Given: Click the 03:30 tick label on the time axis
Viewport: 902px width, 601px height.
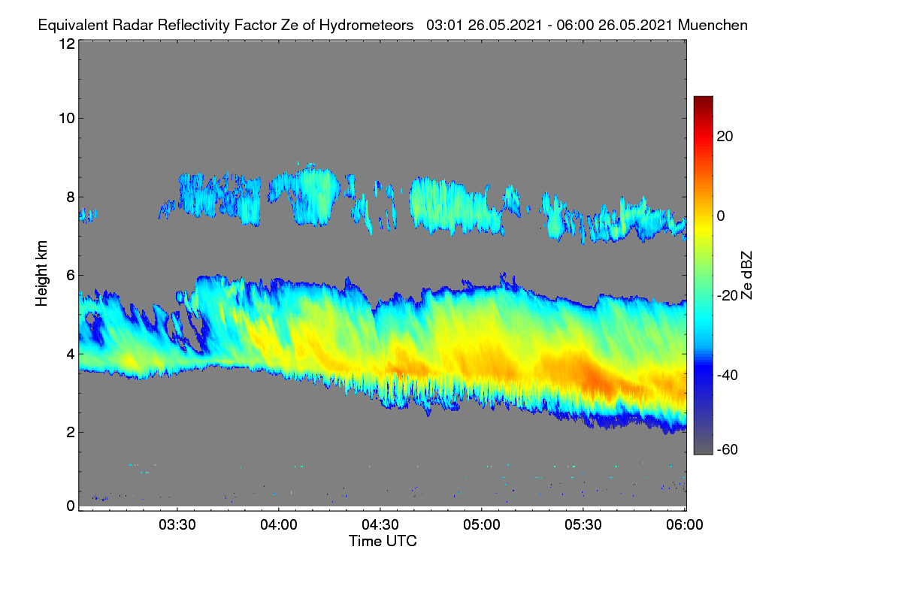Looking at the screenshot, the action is [x=177, y=525].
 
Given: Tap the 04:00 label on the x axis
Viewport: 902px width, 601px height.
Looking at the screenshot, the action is [x=279, y=525].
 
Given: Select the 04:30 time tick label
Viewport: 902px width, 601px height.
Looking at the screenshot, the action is [x=380, y=525].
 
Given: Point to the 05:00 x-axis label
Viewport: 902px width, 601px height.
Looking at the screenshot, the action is [x=482, y=525].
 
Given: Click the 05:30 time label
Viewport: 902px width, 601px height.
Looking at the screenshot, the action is [x=583, y=525].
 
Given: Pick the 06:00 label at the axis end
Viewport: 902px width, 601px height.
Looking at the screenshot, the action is [x=685, y=525].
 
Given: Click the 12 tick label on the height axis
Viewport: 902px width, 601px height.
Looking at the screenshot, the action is [x=67, y=44].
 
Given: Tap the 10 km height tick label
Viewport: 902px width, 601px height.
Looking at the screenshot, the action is [x=67, y=119].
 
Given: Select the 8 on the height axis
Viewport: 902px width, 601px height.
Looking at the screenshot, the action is [x=71, y=198].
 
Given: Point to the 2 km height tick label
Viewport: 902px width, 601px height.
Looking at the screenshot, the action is [x=71, y=432].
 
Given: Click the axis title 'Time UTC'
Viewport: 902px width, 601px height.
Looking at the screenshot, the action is [x=383, y=541].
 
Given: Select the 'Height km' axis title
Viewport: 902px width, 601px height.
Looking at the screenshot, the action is [x=41, y=273].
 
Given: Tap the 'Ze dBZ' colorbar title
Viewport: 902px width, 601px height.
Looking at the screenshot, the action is [x=746, y=276].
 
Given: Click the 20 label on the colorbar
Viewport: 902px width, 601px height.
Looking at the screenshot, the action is [x=725, y=137].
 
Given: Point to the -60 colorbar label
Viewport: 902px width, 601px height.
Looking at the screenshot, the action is [x=728, y=450].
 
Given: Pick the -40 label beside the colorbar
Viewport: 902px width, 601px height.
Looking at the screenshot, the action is [x=728, y=375].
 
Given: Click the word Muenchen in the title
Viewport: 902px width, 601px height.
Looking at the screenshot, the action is [x=713, y=26].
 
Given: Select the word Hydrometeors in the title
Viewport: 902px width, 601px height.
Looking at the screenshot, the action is [x=366, y=26].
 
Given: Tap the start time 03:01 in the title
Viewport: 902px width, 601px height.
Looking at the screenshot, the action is [x=445, y=26].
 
